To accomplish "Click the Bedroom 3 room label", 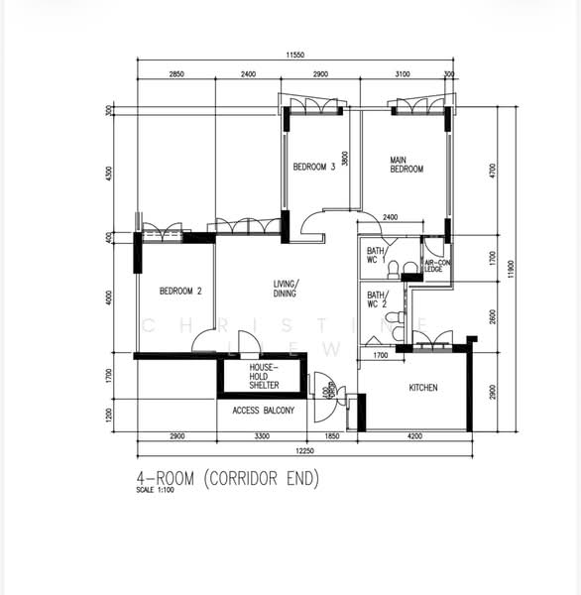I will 314,167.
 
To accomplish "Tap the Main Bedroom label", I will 406,165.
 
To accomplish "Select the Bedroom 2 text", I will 180,291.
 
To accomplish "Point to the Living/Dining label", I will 287,290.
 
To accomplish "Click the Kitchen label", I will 423,388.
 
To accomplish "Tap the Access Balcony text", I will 263,411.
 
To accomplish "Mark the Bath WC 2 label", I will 376,298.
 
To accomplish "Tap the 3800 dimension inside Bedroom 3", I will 345,158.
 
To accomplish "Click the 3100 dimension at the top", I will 401,74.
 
